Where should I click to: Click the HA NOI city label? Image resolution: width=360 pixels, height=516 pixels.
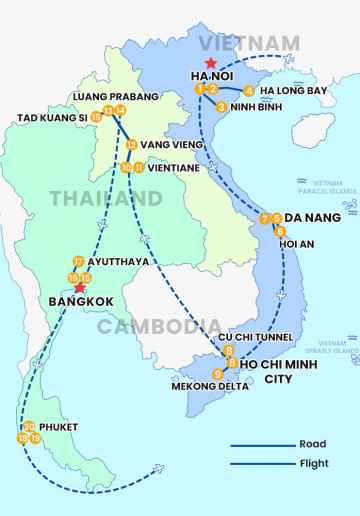213,75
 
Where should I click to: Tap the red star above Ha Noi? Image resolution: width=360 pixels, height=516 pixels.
210,61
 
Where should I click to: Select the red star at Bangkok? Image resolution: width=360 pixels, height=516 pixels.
80,288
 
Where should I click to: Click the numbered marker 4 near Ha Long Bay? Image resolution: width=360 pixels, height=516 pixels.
249,91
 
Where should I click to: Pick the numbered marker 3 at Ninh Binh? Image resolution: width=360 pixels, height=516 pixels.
221,106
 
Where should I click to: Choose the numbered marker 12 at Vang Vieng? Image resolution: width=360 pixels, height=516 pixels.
131,145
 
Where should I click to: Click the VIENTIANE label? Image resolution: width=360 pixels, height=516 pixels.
176,168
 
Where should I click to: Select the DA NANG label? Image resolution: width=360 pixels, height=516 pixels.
312,218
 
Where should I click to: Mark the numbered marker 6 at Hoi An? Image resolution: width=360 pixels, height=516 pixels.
280,231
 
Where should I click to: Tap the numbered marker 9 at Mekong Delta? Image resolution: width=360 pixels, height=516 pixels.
218,374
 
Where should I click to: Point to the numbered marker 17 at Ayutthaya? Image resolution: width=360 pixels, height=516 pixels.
78,261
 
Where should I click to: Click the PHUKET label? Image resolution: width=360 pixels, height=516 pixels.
59,427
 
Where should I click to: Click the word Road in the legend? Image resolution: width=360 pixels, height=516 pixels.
313,444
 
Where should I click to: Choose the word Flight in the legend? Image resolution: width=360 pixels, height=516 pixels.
314,463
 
